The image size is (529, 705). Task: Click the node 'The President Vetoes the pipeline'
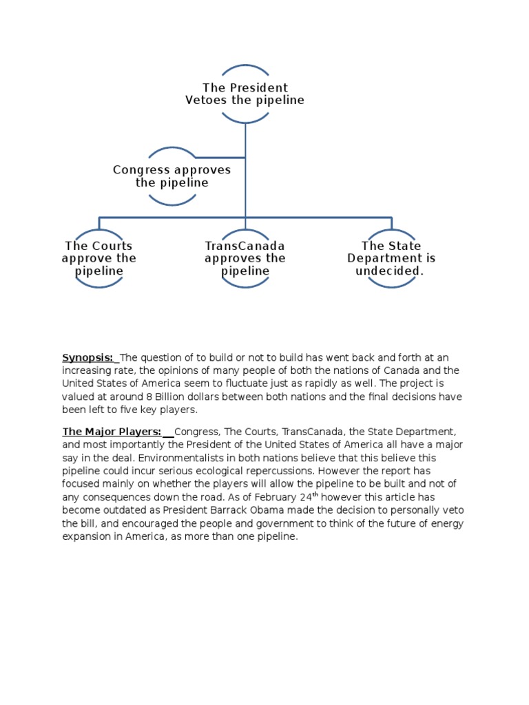[x=245, y=94]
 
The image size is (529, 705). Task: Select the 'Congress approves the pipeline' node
[x=172, y=176]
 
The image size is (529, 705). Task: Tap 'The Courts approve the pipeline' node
[x=99, y=258]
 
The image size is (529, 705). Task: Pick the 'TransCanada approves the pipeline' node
[x=245, y=258]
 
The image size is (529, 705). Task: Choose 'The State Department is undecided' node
[x=391, y=258]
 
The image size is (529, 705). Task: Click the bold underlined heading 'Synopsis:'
[x=89, y=357]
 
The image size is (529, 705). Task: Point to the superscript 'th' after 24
[x=315, y=494]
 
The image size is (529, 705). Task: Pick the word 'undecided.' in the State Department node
[x=390, y=271]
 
